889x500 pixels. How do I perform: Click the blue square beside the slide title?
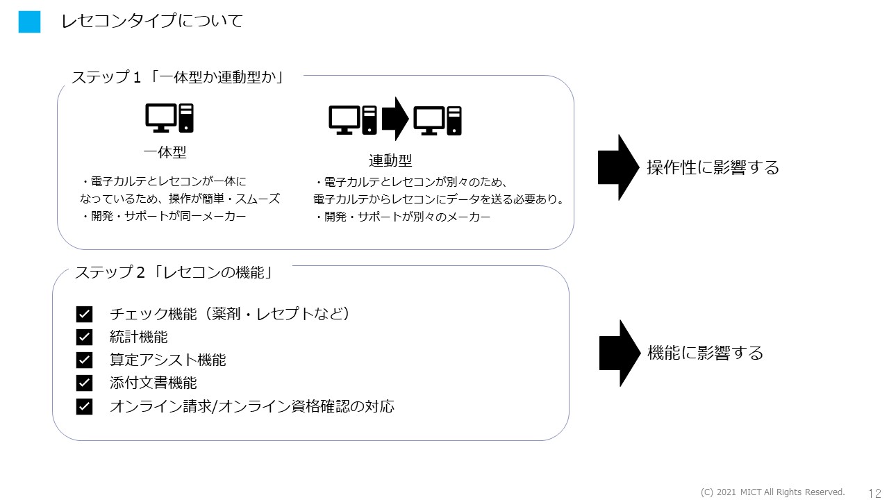(30, 22)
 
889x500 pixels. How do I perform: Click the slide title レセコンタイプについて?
(152, 22)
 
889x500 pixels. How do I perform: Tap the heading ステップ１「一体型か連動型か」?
(178, 76)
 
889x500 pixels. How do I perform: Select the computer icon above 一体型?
(169, 118)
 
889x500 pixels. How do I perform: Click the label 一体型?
(165, 152)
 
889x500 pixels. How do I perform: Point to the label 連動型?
(390, 160)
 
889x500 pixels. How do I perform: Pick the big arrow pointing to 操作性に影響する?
(618, 167)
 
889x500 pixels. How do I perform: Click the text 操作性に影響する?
(713, 167)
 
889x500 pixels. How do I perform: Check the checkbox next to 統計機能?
(84, 337)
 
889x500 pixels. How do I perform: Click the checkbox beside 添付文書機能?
(84, 383)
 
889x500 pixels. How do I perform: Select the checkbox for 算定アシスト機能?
(84, 360)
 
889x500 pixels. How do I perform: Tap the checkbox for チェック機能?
(84, 315)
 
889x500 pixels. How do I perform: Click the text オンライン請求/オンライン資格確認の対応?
(252, 406)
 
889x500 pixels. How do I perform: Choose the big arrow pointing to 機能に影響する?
(619, 353)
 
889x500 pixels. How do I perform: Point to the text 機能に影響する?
(705, 353)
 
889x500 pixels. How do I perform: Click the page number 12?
(874, 492)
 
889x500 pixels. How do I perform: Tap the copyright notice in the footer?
(772, 492)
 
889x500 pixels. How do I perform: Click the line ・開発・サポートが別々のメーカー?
(403, 217)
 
